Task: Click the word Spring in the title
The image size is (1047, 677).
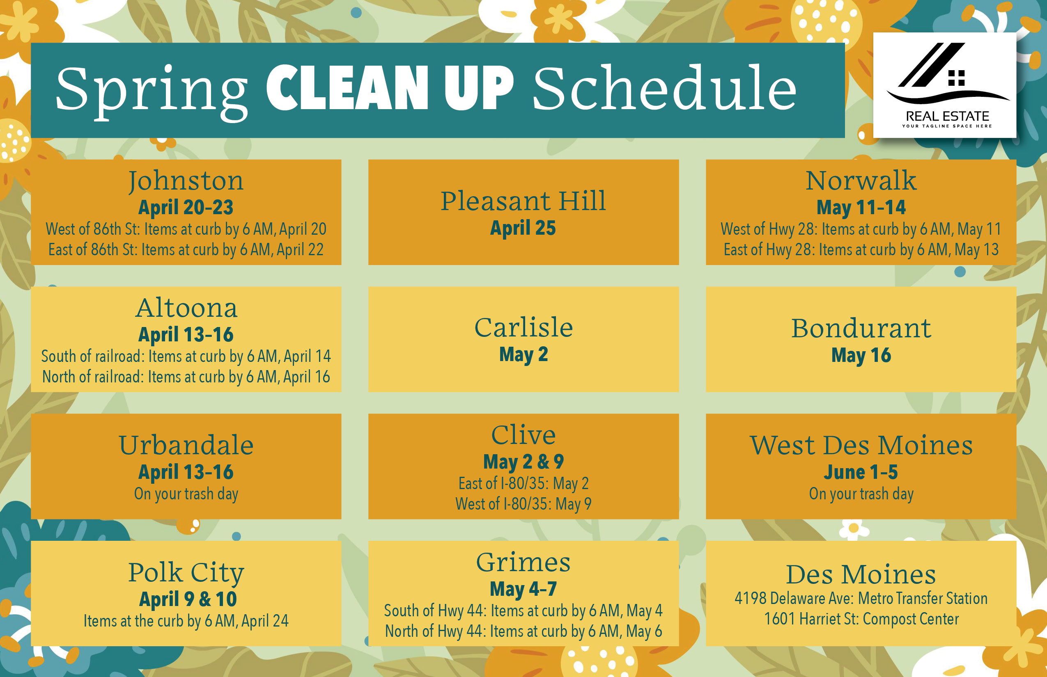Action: pyautogui.click(x=152, y=91)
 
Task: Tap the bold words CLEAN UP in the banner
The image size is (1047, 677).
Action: pyautogui.click(x=390, y=87)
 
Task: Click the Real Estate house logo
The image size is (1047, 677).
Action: pyautogui.click(x=944, y=85)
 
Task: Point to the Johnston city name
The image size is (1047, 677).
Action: pyautogui.click(x=186, y=181)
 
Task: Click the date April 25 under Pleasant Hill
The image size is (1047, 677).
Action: pyautogui.click(x=523, y=228)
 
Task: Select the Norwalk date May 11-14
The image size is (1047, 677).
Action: pyautogui.click(x=861, y=208)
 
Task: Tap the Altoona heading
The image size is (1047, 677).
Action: pyautogui.click(x=186, y=308)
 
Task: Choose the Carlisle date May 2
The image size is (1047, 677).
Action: pyautogui.click(x=523, y=355)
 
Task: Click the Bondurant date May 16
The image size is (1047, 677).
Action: pyautogui.click(x=861, y=355)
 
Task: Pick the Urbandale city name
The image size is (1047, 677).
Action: pyautogui.click(x=186, y=445)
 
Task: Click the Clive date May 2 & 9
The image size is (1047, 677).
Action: pyautogui.click(x=523, y=462)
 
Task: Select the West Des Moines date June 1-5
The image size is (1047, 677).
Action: pyautogui.click(x=861, y=472)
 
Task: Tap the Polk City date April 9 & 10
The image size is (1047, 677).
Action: pyautogui.click(x=188, y=599)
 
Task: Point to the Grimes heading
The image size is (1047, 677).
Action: pyautogui.click(x=523, y=562)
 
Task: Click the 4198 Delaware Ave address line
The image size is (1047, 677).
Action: pyautogui.click(x=861, y=598)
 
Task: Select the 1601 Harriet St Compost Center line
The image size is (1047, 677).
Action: pyautogui.click(x=861, y=619)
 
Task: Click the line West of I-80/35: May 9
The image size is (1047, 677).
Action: pyautogui.click(x=523, y=504)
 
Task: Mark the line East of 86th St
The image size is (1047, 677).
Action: pyautogui.click(x=186, y=250)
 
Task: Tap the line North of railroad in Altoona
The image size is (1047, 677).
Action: pyautogui.click(x=186, y=377)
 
